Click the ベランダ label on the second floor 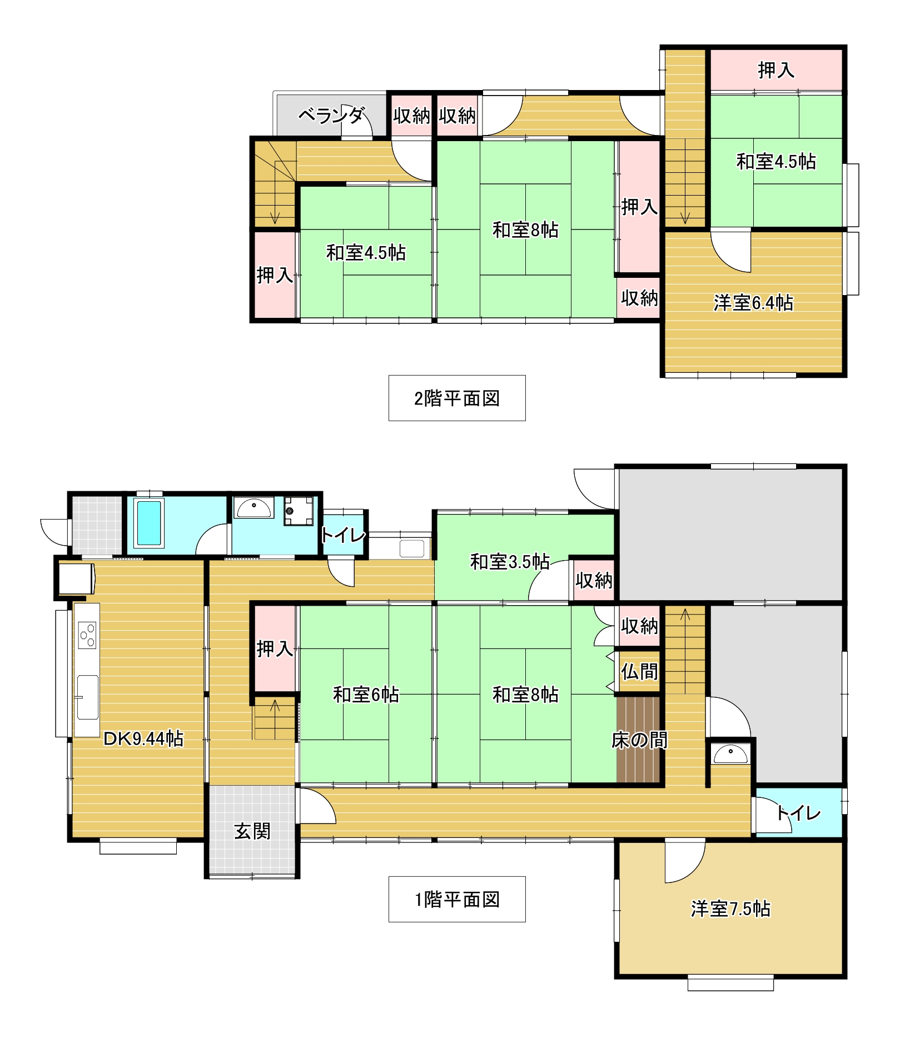(x=331, y=116)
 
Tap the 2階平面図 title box (x=457, y=398)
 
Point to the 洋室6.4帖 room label (x=753, y=303)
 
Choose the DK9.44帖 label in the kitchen (x=143, y=738)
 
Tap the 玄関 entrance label (x=252, y=831)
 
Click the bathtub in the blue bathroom (x=149, y=523)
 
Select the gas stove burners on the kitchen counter (x=87, y=635)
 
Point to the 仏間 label (x=639, y=672)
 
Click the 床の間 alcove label (x=639, y=740)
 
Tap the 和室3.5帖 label (x=510, y=562)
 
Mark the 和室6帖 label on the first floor (x=366, y=695)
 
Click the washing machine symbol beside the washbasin (x=299, y=511)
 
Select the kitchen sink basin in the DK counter (x=87, y=697)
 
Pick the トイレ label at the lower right (x=798, y=814)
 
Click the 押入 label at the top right (x=776, y=70)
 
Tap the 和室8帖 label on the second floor (x=525, y=229)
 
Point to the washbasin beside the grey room (x=730, y=754)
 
